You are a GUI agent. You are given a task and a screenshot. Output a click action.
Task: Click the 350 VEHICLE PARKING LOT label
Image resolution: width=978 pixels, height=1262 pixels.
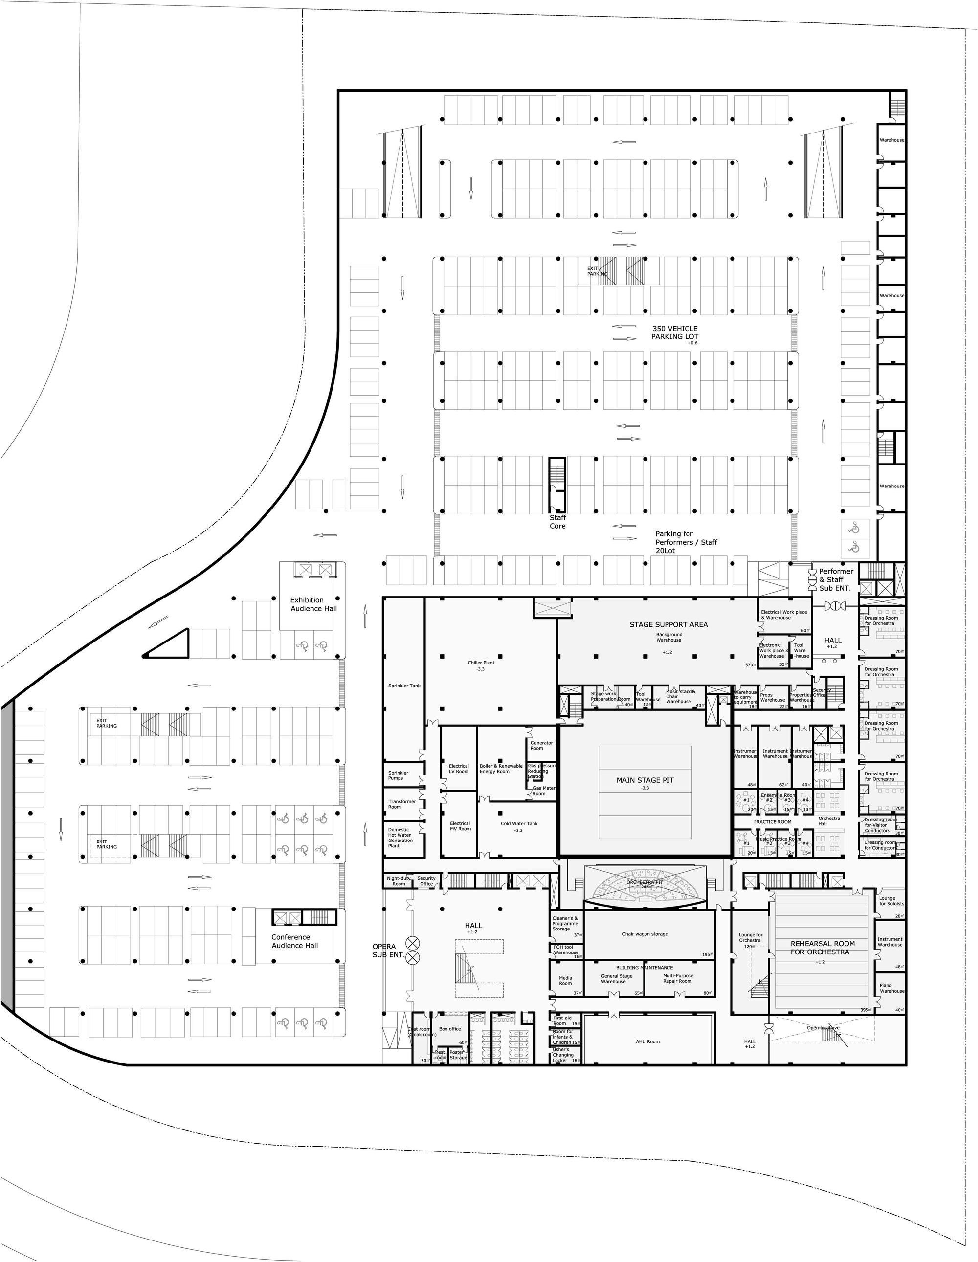674,332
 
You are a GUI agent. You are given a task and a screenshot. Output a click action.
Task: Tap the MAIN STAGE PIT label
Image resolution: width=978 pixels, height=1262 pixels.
645,780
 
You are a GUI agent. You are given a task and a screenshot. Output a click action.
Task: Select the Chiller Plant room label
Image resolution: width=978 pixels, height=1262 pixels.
481,663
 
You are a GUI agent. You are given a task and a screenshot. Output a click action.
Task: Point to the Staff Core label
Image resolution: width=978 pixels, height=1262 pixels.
557,522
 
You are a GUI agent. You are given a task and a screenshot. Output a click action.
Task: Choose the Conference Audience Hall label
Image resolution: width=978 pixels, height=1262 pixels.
295,941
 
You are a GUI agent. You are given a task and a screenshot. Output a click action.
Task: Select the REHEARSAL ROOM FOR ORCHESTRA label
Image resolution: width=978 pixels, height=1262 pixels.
822,948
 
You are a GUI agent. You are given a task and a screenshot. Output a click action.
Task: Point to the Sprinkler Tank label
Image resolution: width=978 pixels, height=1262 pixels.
404,686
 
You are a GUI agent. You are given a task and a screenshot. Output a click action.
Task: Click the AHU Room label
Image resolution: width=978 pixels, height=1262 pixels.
647,1042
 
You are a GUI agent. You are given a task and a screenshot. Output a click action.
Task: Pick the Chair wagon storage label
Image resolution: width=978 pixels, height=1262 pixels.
645,934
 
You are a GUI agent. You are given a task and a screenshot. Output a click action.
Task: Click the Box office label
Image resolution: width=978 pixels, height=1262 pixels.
450,1029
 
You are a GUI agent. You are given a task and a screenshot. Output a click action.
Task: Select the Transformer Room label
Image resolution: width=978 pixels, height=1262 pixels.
402,804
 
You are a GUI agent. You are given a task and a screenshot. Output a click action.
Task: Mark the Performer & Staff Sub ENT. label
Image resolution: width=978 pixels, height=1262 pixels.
836,579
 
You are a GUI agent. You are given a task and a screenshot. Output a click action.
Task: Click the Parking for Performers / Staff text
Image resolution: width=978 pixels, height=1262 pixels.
686,538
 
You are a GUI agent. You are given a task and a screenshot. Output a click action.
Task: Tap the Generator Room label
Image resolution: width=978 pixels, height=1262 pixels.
541,745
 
